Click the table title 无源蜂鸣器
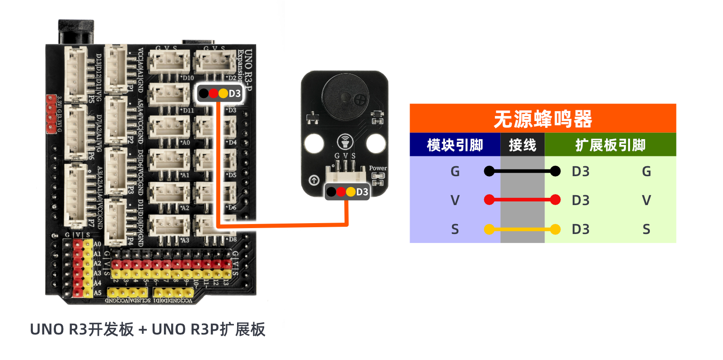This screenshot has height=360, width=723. point(542,119)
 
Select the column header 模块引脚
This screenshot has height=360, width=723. point(455,145)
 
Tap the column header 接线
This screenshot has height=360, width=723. point(522,145)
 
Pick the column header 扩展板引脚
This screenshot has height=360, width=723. point(610,145)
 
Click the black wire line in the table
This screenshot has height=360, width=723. point(522,171)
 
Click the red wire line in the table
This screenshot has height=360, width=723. point(522,200)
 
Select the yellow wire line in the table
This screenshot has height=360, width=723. point(522,229)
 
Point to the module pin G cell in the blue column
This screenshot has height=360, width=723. point(455,172)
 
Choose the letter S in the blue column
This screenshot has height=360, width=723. point(455,229)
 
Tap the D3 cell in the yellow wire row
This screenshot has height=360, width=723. point(580,229)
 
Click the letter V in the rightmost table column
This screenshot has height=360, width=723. point(646,200)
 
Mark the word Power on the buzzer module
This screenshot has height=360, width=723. point(378,168)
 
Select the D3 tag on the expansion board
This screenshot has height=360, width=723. point(234,94)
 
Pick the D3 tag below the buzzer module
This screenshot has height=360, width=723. point(362,192)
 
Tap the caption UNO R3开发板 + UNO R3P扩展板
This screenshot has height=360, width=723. point(147,329)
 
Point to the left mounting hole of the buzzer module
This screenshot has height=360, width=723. point(314,144)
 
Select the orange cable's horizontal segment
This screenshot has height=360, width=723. point(282,224)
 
